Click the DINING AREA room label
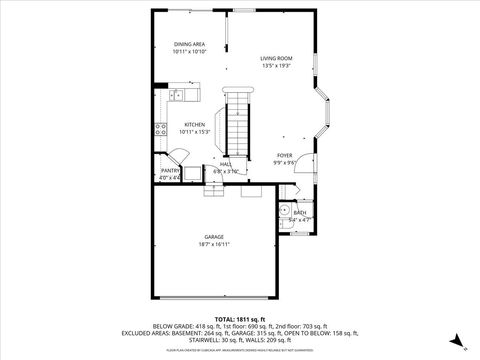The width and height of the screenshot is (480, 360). click(x=190, y=45)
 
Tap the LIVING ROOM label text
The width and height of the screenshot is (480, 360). click(x=276, y=59)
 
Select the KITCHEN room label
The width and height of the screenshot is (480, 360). click(x=194, y=125)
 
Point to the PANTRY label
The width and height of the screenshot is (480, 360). click(x=170, y=171)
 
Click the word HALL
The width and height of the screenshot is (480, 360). click(x=227, y=164)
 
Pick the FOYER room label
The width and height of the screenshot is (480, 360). click(x=284, y=156)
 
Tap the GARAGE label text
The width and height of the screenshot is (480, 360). click(x=214, y=236)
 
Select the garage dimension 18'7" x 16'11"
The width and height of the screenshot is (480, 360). click(x=214, y=244)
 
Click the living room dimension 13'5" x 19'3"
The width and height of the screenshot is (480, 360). click(x=276, y=67)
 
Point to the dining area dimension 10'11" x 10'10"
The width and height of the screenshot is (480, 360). click(x=190, y=52)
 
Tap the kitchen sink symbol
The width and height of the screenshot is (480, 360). click(x=177, y=95)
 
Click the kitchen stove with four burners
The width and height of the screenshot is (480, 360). click(x=159, y=127)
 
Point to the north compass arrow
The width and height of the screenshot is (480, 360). click(x=455, y=338)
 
